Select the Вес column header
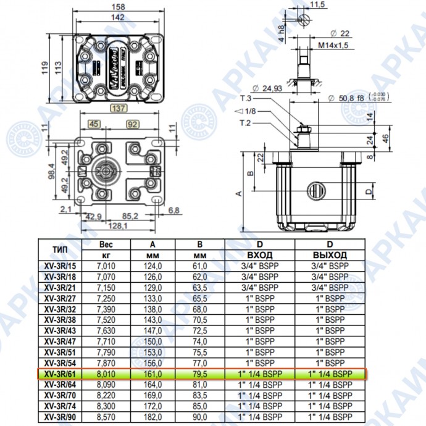click(106, 244)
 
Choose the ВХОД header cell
click(259, 255)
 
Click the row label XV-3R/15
click(61, 265)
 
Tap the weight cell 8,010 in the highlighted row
click(106, 374)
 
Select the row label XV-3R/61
click(61, 374)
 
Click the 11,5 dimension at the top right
click(318, 5)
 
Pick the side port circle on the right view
click(314, 191)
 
